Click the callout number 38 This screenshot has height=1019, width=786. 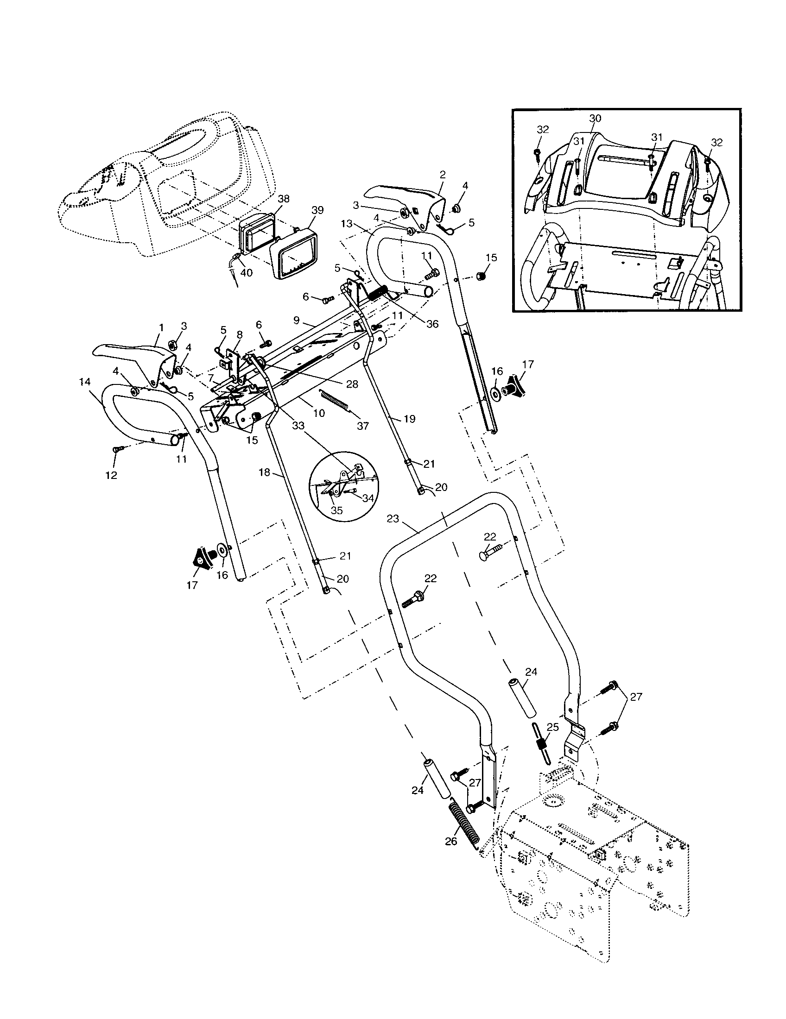(x=283, y=199)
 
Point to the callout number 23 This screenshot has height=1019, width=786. (x=393, y=518)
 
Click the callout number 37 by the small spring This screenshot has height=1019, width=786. (x=363, y=426)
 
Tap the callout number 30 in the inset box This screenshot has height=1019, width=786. (x=595, y=119)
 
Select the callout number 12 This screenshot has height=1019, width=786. (x=111, y=475)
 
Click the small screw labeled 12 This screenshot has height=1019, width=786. (x=117, y=449)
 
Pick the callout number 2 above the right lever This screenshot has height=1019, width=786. (x=443, y=175)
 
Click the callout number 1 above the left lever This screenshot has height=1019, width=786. (x=161, y=328)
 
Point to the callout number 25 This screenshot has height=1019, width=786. (x=552, y=727)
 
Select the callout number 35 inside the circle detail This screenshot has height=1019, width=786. (x=336, y=510)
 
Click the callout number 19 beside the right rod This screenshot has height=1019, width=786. (x=409, y=419)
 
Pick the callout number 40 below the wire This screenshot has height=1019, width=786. (x=246, y=272)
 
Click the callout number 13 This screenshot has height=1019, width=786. (x=347, y=224)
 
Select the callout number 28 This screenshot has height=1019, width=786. (x=352, y=384)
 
